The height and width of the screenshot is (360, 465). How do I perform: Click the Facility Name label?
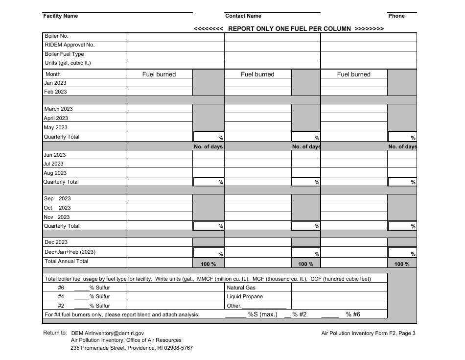click(61, 16)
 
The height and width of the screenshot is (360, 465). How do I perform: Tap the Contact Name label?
click(243, 16)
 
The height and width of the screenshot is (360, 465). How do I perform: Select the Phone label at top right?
click(396, 16)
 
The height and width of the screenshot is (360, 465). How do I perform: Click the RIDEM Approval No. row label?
click(70, 45)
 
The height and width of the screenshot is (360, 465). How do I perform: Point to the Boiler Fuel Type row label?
click(64, 54)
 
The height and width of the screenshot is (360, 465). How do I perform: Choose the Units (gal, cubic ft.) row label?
click(68, 63)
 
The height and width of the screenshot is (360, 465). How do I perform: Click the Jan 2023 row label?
click(55, 83)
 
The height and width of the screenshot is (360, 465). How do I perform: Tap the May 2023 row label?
click(56, 128)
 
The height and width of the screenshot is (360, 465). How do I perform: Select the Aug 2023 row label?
click(55, 173)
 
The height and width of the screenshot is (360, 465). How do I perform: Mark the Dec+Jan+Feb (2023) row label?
click(70, 252)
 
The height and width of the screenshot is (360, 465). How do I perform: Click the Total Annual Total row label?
click(67, 262)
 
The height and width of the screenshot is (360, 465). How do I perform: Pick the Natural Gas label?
click(241, 288)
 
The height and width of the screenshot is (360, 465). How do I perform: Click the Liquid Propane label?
click(245, 297)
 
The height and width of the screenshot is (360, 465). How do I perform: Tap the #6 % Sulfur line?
click(83, 288)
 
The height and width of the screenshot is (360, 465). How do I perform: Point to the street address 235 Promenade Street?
click(132, 348)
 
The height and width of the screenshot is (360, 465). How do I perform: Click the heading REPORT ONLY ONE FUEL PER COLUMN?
click(289, 28)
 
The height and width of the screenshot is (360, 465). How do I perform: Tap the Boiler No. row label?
click(57, 36)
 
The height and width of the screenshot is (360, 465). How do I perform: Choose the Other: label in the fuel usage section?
click(234, 306)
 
